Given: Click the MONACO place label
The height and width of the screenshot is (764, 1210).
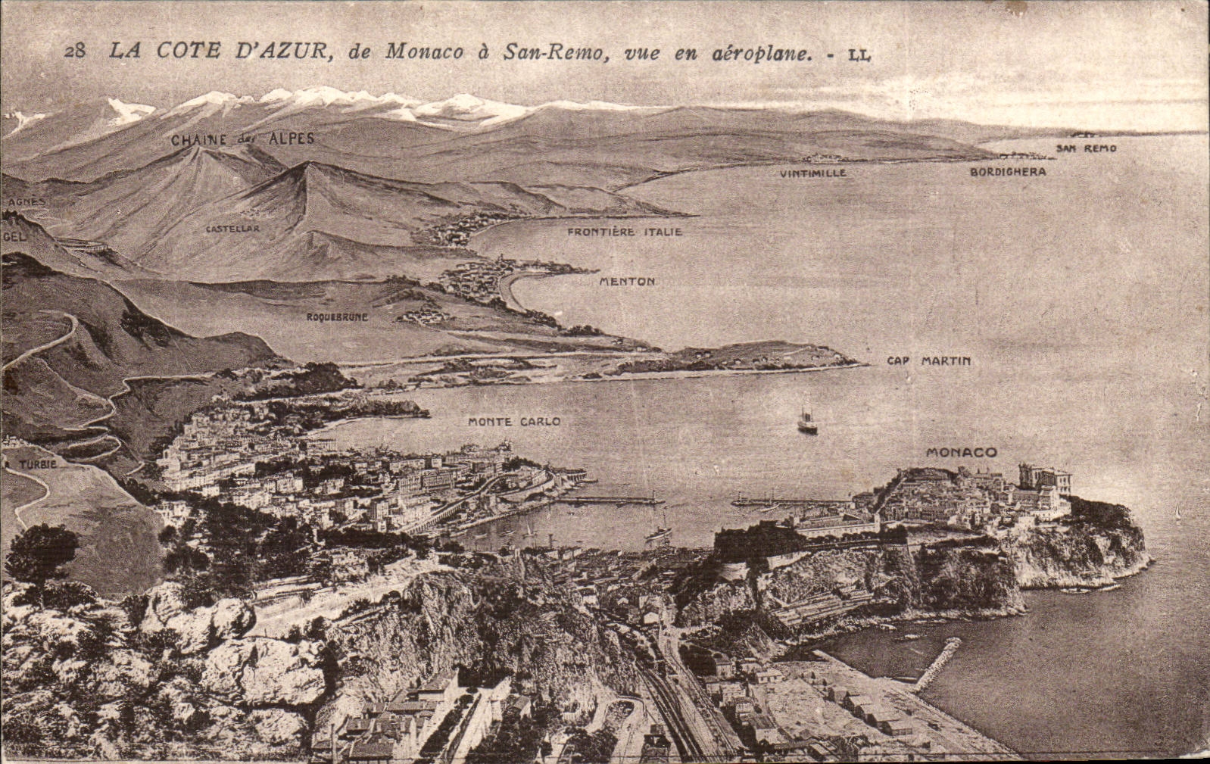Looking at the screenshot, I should [962, 452].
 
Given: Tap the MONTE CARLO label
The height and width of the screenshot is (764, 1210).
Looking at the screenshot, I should [514, 421].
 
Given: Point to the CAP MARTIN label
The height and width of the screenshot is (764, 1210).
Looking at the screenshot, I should [928, 361].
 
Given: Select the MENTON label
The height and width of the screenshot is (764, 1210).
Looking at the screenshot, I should [627, 282].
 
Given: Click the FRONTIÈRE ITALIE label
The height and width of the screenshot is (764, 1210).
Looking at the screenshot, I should [625, 232].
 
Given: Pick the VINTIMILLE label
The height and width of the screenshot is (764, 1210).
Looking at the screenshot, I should [812, 173].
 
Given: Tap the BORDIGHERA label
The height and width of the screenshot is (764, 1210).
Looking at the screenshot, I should [1008, 172].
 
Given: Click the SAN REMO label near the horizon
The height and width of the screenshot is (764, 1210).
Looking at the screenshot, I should [1086, 148].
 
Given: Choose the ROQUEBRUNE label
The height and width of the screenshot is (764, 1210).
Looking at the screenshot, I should [337, 317].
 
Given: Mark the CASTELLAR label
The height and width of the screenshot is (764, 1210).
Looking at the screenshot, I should [232, 228].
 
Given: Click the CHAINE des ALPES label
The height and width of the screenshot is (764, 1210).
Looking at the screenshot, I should [242, 139].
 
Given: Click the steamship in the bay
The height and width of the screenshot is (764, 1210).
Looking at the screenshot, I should [807, 423].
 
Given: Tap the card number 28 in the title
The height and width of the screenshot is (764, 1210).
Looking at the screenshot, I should [75, 51].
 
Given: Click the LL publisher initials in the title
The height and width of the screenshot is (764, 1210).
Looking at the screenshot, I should [858, 54].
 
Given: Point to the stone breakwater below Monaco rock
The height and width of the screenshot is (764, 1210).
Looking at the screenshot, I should [937, 663].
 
